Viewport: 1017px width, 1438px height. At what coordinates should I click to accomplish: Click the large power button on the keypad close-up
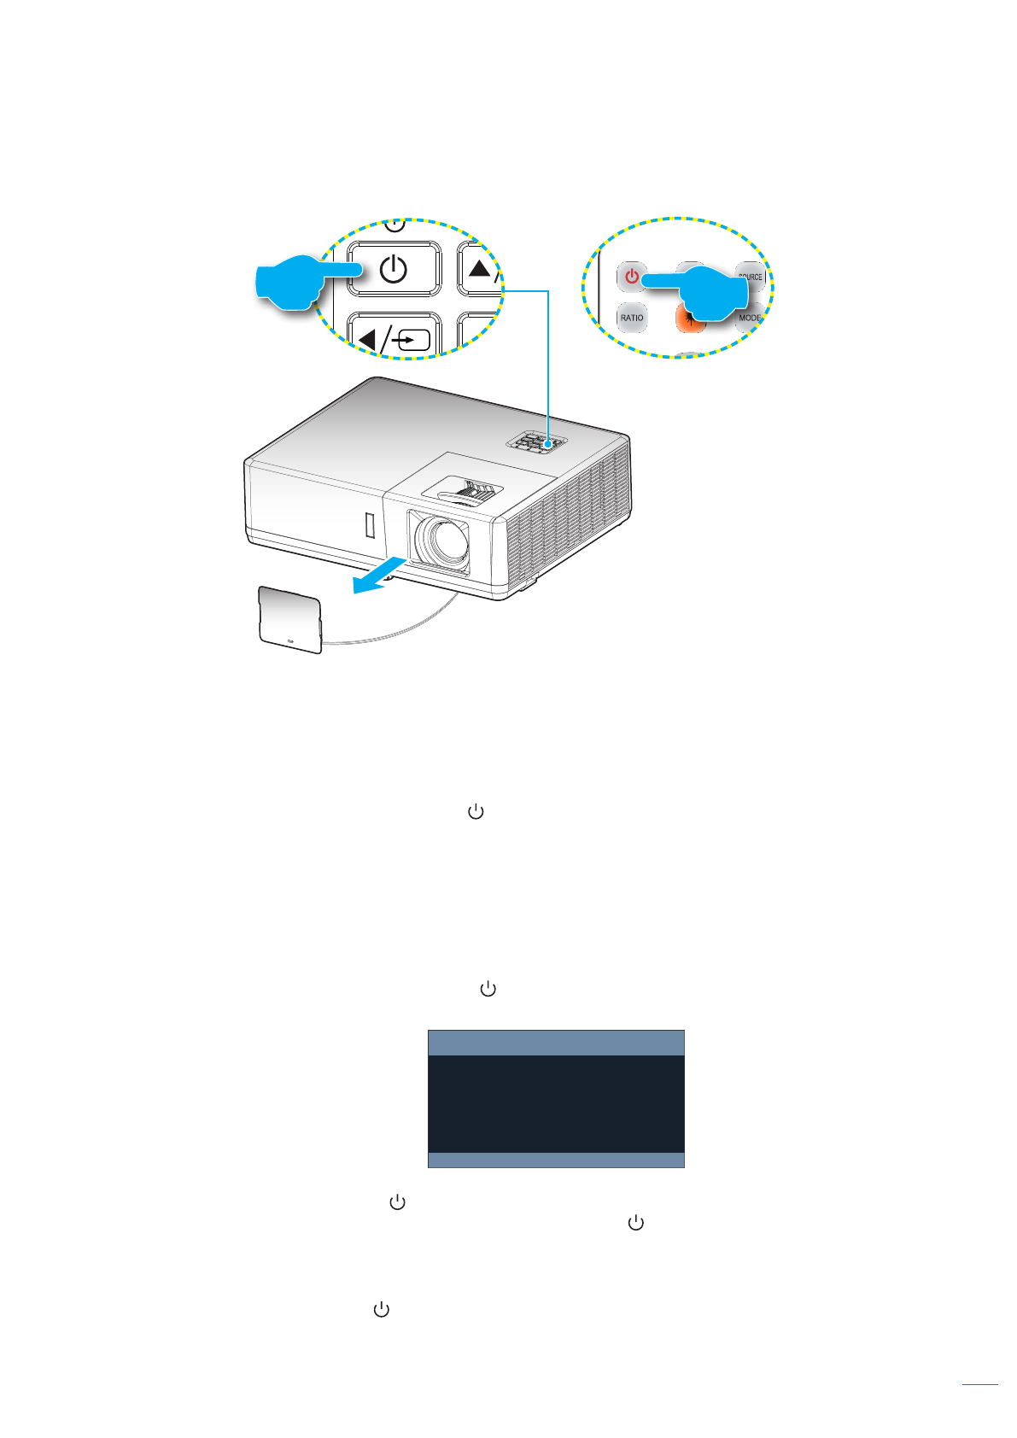394,269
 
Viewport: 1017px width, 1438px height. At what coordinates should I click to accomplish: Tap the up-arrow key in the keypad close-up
481,269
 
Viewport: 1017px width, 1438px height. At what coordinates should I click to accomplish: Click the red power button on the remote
631,277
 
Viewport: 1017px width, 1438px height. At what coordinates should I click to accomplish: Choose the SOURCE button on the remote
750,275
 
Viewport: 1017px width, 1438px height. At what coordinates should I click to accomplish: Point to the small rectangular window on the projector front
370,525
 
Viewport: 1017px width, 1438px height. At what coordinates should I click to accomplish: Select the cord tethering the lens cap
401,630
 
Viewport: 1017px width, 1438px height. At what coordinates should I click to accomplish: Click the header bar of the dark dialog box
556,1043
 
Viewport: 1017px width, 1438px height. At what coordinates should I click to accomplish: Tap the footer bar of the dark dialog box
556,1160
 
